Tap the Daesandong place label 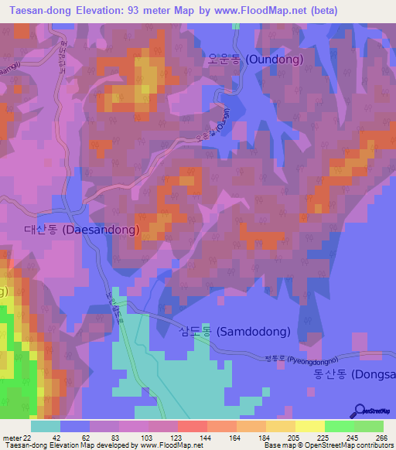point(81,230)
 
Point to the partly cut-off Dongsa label point(354,375)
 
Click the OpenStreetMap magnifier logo point(359,411)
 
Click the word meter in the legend point(10,438)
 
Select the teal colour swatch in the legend point(45,426)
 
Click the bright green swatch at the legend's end point(369,426)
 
